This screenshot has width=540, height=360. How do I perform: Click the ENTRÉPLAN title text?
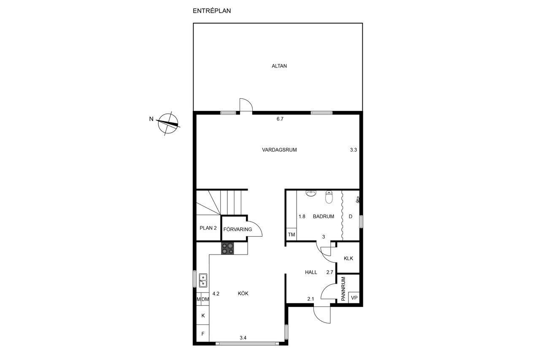tap(212, 11)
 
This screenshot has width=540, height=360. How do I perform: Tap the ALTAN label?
tap(279, 66)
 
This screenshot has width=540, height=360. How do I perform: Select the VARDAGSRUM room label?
tap(279, 150)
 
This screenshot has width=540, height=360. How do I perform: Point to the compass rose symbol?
tap(168, 124)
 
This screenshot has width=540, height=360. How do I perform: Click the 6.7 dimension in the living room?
tap(280, 119)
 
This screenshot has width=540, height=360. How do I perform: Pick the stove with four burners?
tap(227, 248)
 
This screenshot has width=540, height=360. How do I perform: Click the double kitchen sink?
tap(203, 280)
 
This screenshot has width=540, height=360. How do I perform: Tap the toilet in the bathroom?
tap(329, 197)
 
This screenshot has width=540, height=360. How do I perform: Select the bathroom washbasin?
tap(311, 193)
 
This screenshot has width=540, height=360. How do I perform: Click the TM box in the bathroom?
tap(292, 234)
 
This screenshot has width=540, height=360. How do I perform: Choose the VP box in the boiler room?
tap(354, 298)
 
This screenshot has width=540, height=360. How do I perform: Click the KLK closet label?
tap(348, 258)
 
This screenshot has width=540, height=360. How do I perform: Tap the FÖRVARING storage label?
tap(238, 229)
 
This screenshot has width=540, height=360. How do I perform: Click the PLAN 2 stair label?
tap(208, 228)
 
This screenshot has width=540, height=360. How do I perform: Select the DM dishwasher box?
tap(205, 299)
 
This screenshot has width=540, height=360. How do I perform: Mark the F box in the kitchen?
tap(203, 334)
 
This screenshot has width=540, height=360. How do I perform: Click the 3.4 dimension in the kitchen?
tap(243, 338)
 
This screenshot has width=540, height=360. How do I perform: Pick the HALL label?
tap(311, 272)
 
